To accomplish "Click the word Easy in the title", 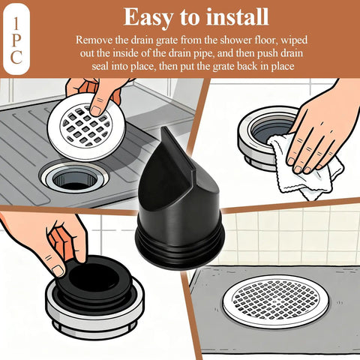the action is click(x=148, y=17).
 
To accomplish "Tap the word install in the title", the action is click(x=237, y=17).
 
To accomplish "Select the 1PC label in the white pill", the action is click(x=16, y=40).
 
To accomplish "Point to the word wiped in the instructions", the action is click(x=295, y=40).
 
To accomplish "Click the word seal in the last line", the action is click(x=100, y=67).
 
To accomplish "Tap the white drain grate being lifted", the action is click(x=86, y=127).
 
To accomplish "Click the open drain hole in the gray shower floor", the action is click(x=75, y=178).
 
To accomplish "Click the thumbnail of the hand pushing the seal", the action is click(x=58, y=271).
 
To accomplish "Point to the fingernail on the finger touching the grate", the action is click(x=96, y=110).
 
